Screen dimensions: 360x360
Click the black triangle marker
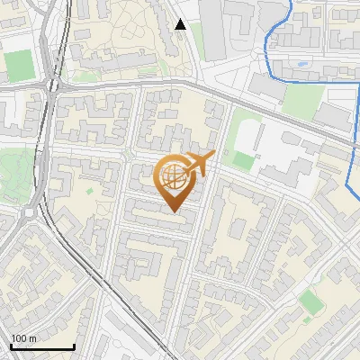point(181,24)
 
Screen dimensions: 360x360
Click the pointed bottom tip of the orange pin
point(175,211)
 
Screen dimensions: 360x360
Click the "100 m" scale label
point(23,338)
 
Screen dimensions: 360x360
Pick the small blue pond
point(298,65)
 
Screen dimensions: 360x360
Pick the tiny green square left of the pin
point(89,190)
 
